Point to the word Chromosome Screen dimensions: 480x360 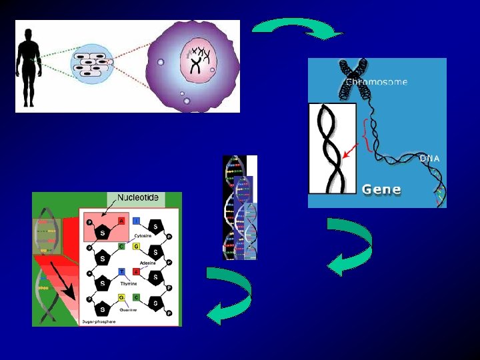377,82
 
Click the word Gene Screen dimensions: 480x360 381,189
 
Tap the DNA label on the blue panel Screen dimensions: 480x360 429,158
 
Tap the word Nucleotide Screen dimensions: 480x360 138,198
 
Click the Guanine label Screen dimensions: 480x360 129,309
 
